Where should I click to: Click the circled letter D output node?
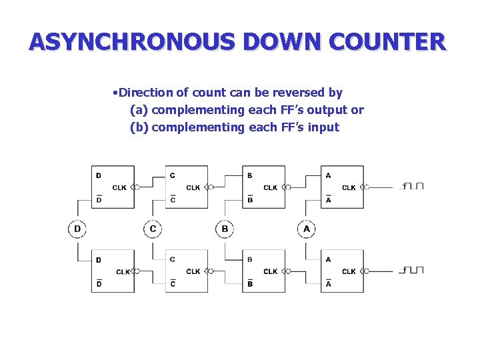pos(77,229)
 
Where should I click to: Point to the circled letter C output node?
pos(153,229)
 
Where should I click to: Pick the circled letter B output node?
pos(225,229)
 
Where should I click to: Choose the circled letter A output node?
pos(307,229)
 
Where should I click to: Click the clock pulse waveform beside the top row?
pos(413,186)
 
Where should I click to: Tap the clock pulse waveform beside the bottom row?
pos(413,270)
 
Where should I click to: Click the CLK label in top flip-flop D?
pos(119,188)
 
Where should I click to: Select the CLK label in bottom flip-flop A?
pos(349,271)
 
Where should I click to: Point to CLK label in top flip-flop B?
pos(270,188)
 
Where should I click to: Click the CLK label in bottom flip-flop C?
pos(193,271)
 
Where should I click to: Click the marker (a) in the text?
pos(139,110)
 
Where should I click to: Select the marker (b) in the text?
pos(139,127)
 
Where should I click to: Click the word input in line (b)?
pos(323,127)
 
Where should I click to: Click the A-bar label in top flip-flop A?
pos(328,200)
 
